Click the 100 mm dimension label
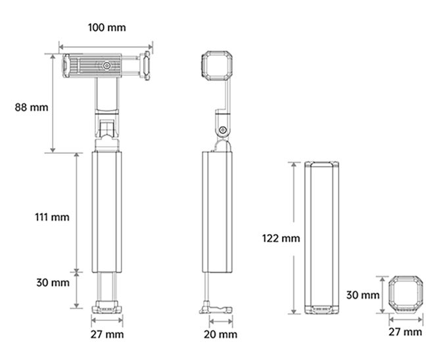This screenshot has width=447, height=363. pyautogui.click(x=106, y=28)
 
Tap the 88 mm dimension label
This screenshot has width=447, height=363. pyautogui.click(x=32, y=107)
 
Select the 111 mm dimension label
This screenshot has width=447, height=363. pyautogui.click(x=52, y=217)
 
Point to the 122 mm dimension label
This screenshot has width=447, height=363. pyautogui.click(x=281, y=238)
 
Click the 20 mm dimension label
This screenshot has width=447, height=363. pyautogui.click(x=220, y=334)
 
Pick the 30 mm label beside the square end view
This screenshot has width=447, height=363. pyautogui.click(x=363, y=295)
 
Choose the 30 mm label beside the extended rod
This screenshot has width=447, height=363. pyautogui.click(x=53, y=283)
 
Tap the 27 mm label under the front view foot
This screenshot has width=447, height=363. pyautogui.click(x=107, y=334)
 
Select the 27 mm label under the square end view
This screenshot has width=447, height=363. pyautogui.click(x=406, y=331)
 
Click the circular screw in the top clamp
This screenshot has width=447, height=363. pyautogui.click(x=107, y=66)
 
